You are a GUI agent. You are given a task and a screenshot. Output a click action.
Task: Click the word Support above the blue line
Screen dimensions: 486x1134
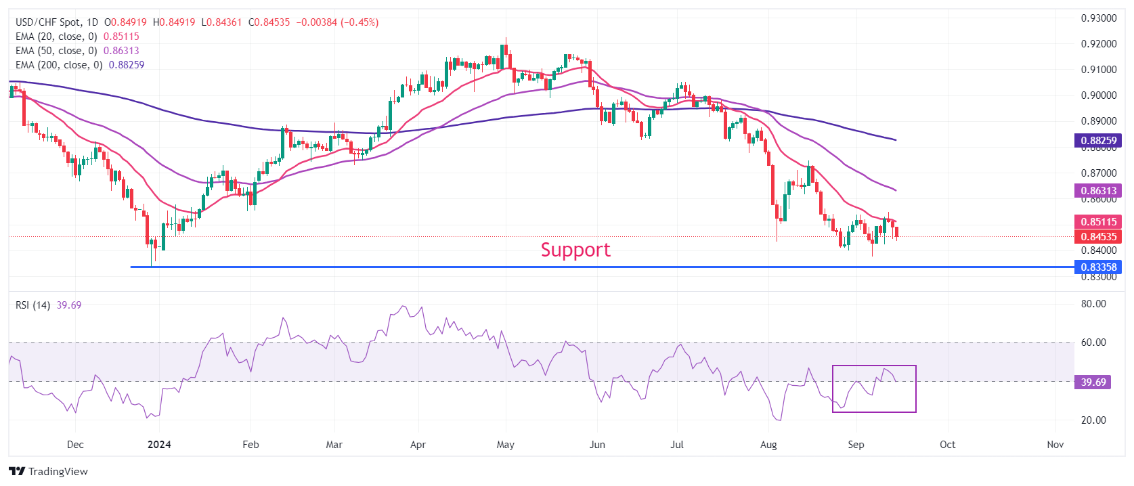(575, 250)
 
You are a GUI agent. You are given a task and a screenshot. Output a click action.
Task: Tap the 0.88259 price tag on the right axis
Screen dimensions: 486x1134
(1098, 141)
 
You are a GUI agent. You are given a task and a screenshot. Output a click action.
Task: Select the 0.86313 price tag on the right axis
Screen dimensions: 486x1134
(1098, 191)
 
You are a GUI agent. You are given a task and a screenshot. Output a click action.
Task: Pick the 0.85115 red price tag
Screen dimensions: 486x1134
(1098, 221)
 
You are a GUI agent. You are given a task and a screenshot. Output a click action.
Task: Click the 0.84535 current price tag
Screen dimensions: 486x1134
(1098, 236)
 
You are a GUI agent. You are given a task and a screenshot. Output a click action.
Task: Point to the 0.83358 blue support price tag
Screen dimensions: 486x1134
(1098, 267)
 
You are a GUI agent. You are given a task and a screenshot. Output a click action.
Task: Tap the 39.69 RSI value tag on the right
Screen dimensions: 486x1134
(1093, 382)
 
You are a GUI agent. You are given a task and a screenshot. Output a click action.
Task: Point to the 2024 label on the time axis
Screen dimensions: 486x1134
(159, 445)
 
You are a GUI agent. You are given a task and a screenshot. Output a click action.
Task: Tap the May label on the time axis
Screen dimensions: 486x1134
(505, 445)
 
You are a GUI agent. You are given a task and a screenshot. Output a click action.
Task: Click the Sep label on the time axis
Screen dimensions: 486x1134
(856, 445)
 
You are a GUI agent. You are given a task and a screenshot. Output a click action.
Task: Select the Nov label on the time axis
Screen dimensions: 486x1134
(1055, 445)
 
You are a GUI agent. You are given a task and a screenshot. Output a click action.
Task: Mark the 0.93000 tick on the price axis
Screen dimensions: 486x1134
(1098, 18)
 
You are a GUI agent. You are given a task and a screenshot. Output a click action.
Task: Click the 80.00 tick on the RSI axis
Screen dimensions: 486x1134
(1093, 304)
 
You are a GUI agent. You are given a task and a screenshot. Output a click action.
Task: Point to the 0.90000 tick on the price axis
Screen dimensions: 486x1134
(1098, 95)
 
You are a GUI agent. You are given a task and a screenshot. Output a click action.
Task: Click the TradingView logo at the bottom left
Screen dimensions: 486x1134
(49, 471)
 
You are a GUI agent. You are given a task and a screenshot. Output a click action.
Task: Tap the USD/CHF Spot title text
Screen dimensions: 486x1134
(48, 22)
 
